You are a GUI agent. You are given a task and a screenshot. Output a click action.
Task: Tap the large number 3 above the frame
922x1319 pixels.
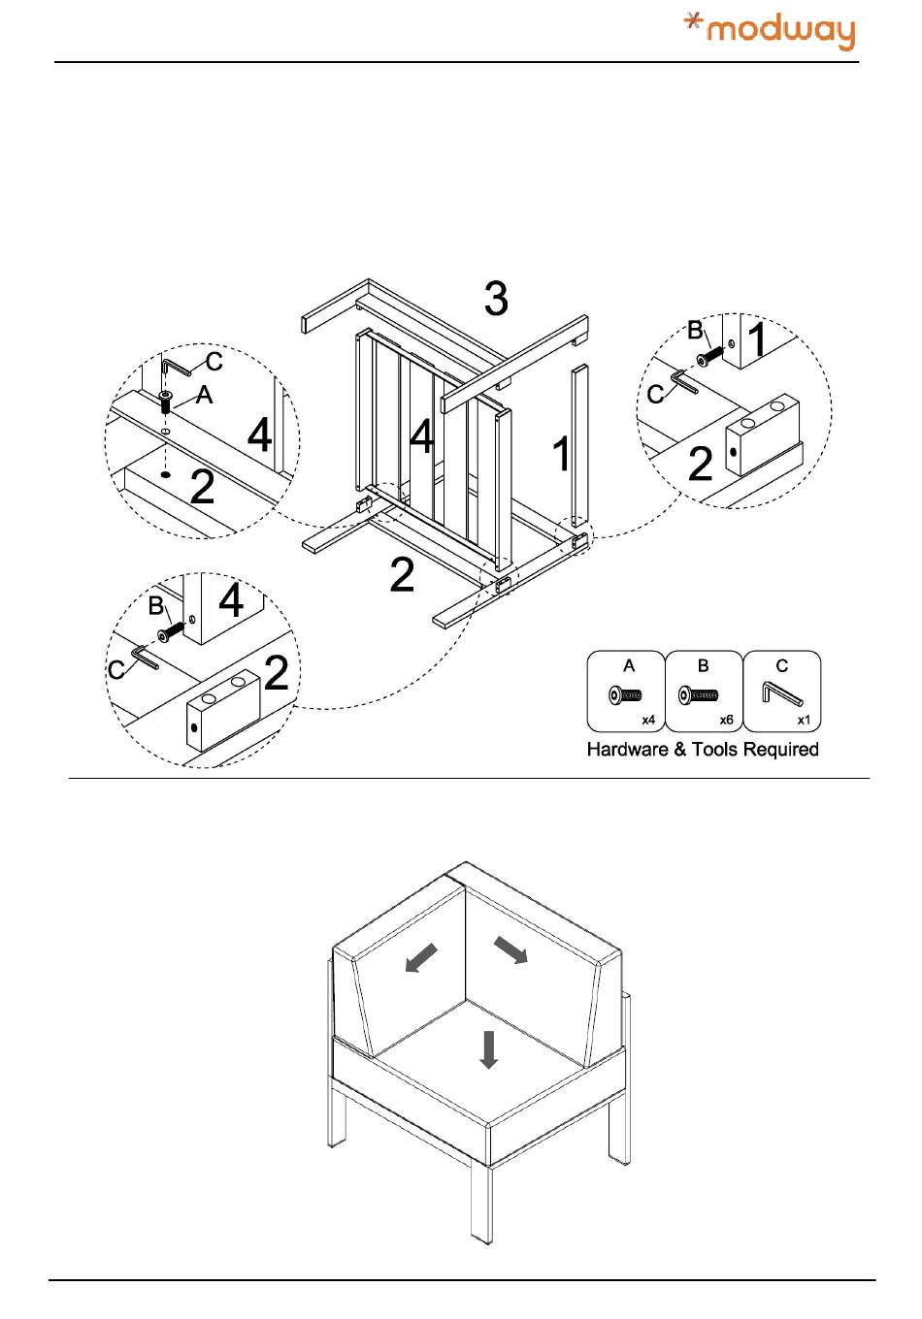point(496,299)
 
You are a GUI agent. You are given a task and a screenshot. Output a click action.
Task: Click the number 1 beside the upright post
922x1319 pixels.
point(561,454)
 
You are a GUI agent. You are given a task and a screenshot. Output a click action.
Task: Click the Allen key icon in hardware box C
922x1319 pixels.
point(781,694)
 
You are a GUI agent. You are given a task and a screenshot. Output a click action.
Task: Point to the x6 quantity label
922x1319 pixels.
point(726,721)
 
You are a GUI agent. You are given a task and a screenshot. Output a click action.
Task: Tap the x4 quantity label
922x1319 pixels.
point(648,721)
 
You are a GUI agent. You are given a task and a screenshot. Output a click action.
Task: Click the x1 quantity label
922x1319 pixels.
point(804,721)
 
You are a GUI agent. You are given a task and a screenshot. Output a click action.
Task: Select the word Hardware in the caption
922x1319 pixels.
point(627,750)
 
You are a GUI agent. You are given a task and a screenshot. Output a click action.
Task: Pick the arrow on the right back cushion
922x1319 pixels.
point(511,949)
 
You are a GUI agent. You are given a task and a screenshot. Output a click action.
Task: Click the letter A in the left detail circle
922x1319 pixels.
point(204,395)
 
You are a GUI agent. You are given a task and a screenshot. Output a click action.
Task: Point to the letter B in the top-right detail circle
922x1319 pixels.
point(695,331)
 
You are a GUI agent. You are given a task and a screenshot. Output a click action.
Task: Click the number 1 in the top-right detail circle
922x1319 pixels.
point(757,341)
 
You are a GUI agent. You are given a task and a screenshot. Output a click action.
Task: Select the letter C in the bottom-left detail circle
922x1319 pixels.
point(116,670)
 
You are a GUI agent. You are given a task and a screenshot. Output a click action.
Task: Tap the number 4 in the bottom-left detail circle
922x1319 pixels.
point(231,601)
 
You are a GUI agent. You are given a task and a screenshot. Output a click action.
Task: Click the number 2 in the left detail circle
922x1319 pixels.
point(202,486)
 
